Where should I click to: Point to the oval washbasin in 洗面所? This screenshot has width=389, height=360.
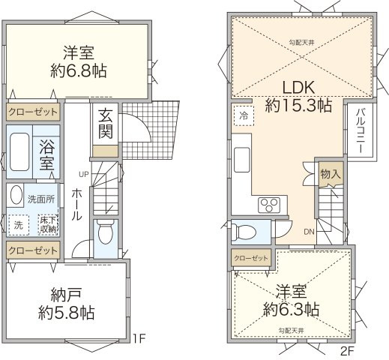pyautogui.click(x=16, y=196)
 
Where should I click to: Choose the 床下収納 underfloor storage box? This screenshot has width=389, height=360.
pyautogui.click(x=46, y=223)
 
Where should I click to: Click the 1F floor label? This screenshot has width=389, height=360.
pyautogui.click(x=139, y=339)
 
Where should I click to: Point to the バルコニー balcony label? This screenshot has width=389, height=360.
pyautogui.click(x=361, y=130)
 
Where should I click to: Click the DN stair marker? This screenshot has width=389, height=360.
pyautogui.click(x=309, y=232)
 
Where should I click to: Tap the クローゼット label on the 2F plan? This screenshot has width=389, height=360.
pyautogui.click(x=250, y=258)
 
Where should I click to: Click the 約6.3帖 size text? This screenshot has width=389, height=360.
pyautogui.click(x=292, y=308)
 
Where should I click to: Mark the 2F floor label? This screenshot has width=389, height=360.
pyautogui.click(x=346, y=349)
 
